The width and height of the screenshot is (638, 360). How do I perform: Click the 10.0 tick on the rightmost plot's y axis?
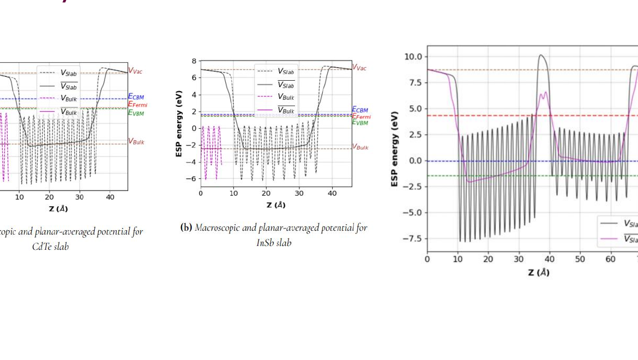point(412,57)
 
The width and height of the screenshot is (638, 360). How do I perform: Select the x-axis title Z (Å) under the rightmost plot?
point(539,272)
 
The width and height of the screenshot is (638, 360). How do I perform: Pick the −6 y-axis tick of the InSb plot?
point(192,179)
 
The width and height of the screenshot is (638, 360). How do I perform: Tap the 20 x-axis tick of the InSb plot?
point(266,194)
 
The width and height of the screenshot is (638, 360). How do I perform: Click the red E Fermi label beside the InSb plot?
point(361,116)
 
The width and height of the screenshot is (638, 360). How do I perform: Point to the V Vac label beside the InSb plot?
point(359,68)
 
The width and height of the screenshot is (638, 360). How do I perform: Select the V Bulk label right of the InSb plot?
point(360,147)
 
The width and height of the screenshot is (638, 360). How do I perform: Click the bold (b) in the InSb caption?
point(186,227)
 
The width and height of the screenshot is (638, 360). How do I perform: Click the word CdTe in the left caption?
point(44,246)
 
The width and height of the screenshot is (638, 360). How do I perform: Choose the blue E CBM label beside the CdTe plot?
point(136,97)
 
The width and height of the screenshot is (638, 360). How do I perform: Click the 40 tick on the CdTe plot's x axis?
point(110,197)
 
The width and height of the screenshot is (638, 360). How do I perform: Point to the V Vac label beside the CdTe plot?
point(135,70)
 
